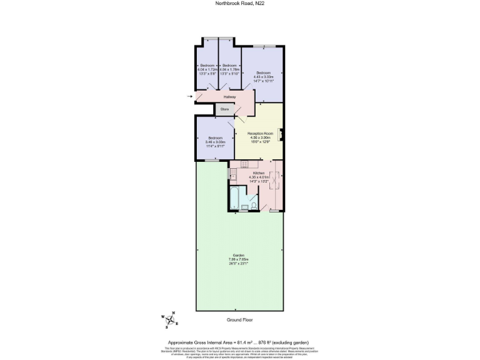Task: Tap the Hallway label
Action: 229,97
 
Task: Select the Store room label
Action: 224,109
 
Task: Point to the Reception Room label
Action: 261,134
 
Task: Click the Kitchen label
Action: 258,173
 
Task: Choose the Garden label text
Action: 239,255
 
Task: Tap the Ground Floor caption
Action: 240,319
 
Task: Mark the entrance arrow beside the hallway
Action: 190,97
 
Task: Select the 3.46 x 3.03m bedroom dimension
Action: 214,142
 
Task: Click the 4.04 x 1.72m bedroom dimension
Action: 207,70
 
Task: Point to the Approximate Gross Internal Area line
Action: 240,343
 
